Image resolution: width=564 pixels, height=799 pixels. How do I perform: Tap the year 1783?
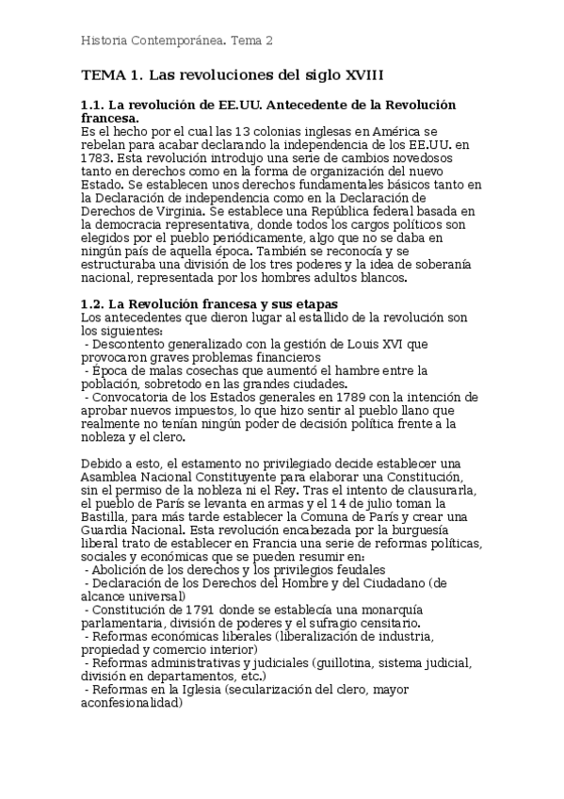point(97,159)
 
